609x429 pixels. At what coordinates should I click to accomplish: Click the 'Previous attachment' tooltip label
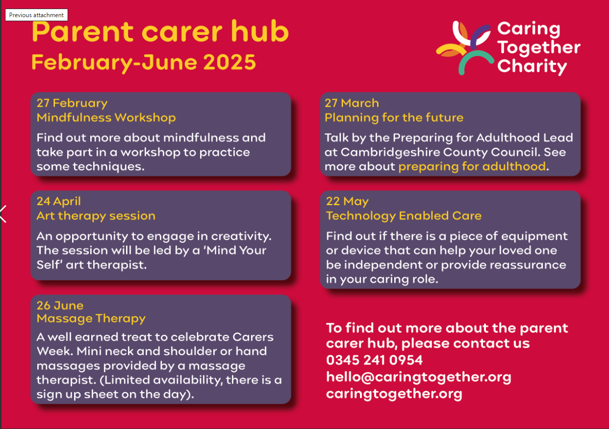(x=36, y=15)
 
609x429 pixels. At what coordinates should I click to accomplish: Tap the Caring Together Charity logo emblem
(x=465, y=47)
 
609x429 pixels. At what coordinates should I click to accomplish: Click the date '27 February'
(x=72, y=103)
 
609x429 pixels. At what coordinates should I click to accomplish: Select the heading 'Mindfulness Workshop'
(x=106, y=118)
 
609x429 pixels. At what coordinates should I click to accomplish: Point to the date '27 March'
(x=352, y=103)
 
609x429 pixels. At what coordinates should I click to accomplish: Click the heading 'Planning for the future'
(x=394, y=118)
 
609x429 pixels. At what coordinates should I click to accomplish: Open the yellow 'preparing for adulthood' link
(x=472, y=166)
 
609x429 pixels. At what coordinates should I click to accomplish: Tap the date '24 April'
(x=58, y=202)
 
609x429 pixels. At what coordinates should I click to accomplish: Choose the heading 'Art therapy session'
(x=96, y=216)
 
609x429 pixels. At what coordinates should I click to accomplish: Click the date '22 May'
(x=347, y=202)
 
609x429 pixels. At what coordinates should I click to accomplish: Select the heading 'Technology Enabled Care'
(x=404, y=216)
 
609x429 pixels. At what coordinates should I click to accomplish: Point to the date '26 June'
(x=60, y=305)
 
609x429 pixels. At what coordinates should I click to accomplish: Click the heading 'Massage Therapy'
(x=91, y=319)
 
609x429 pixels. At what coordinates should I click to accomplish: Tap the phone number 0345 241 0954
(x=375, y=360)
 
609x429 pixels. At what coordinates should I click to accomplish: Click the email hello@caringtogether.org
(x=418, y=377)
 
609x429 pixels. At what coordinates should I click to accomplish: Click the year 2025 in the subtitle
(x=229, y=62)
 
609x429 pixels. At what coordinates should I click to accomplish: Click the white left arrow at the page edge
(x=3, y=214)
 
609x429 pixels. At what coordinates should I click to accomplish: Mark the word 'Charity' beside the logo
(x=532, y=67)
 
